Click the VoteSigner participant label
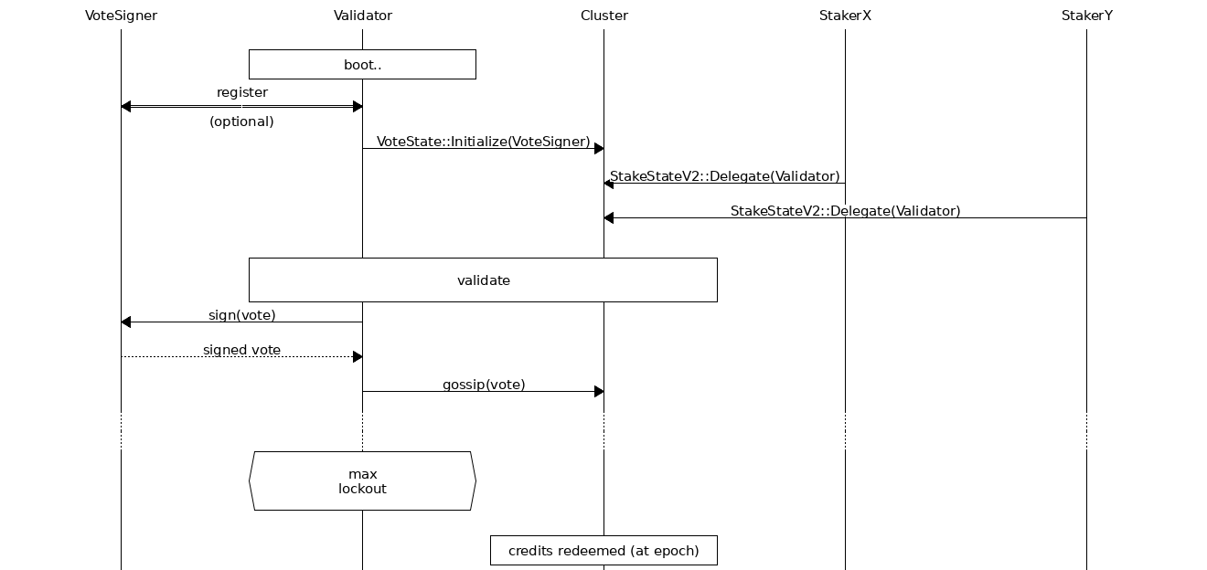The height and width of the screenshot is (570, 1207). click(x=121, y=16)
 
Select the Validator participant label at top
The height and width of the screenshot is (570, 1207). click(x=363, y=16)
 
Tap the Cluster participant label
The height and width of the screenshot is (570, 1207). click(x=603, y=16)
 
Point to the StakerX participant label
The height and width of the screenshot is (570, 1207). click(x=845, y=16)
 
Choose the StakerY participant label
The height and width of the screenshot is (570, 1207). click(x=1086, y=16)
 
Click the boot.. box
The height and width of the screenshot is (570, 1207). click(x=362, y=65)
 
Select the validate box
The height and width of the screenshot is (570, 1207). click(x=483, y=280)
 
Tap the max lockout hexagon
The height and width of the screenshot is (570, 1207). click(x=362, y=481)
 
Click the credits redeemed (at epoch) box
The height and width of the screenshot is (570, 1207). click(x=603, y=551)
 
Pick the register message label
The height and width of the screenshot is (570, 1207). click(x=242, y=92)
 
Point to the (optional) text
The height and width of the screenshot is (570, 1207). click(x=241, y=121)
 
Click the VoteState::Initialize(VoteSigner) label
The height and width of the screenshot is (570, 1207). click(x=483, y=142)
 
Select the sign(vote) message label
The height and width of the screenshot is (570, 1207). click(x=241, y=315)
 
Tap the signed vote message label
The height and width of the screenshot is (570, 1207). click(x=241, y=350)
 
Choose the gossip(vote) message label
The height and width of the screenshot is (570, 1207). click(x=484, y=385)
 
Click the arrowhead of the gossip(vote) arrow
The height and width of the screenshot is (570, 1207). click(x=599, y=392)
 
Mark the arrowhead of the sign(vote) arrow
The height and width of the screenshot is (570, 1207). click(x=126, y=322)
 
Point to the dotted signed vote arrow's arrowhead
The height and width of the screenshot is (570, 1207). click(x=358, y=357)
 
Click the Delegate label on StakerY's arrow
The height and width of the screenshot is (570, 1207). click(x=845, y=211)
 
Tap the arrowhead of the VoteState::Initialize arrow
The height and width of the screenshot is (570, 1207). click(x=599, y=149)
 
